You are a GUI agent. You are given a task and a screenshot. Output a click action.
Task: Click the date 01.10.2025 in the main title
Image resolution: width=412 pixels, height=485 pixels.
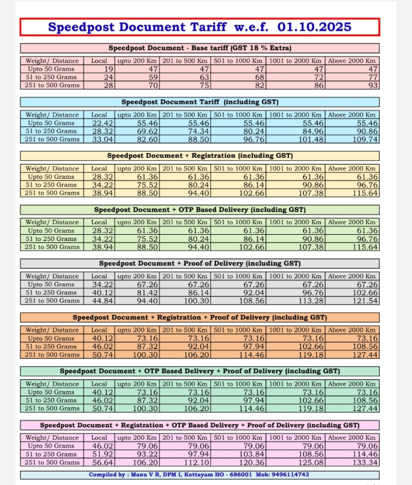315,27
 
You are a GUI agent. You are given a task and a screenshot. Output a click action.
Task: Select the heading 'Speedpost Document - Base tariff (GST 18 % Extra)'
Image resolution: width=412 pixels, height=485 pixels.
200,48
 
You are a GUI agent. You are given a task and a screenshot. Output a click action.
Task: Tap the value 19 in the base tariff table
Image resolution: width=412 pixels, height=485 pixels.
109,69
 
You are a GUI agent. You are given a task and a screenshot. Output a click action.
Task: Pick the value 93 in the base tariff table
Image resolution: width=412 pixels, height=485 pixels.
372,85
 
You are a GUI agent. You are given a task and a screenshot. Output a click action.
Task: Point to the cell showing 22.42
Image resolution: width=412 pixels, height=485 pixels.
103,123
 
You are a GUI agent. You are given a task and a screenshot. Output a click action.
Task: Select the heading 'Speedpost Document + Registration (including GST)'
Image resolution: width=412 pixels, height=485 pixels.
200,156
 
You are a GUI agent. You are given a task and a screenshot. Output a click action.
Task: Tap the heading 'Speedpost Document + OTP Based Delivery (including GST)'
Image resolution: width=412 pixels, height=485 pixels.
200,210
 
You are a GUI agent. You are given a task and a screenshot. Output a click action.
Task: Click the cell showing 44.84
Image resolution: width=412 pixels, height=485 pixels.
103,301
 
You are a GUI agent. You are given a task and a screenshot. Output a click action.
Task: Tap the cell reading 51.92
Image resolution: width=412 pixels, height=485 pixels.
103,455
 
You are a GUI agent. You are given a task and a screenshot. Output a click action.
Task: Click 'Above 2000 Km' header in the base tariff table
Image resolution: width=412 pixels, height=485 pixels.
352,61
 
